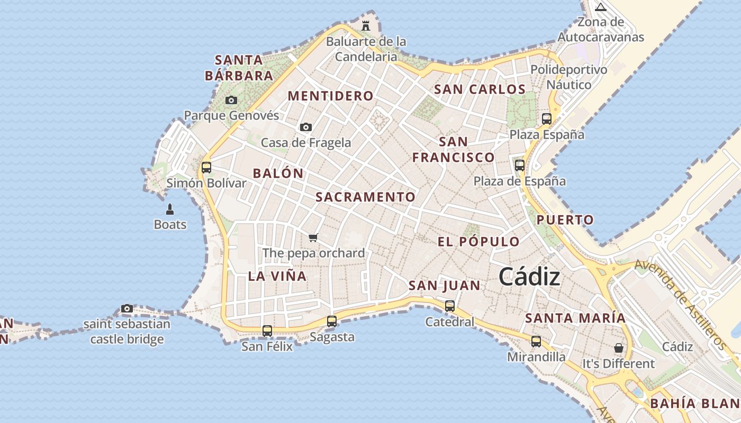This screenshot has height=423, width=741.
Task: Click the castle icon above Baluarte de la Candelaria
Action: tap(365, 25)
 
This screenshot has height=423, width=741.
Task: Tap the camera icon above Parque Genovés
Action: tap(231, 100)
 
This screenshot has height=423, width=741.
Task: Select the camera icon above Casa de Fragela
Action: tap(306, 127)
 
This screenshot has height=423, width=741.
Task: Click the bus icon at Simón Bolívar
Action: tap(206, 168)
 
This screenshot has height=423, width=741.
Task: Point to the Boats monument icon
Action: tap(170, 209)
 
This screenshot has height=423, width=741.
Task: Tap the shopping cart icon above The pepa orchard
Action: tap(313, 237)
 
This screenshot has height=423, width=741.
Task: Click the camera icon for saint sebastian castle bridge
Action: tap(127, 308)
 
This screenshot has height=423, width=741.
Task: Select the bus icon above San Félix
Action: tap(267, 331)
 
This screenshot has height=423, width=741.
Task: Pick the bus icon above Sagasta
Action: tap(332, 321)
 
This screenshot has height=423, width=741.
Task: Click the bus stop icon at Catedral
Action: tap(450, 306)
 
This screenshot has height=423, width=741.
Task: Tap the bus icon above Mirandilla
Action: tap(536, 341)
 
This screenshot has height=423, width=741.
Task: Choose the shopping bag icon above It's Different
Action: tap(618, 348)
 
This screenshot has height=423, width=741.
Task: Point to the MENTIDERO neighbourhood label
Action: tap(331, 96)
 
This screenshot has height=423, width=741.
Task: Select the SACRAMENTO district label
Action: tap(366, 197)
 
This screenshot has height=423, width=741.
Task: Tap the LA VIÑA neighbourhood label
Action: tap(277, 276)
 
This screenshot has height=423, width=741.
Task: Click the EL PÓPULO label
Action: tap(478, 242)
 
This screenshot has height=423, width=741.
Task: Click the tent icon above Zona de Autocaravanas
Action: tap(600, 7)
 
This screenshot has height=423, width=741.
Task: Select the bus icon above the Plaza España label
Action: tap(547, 119)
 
